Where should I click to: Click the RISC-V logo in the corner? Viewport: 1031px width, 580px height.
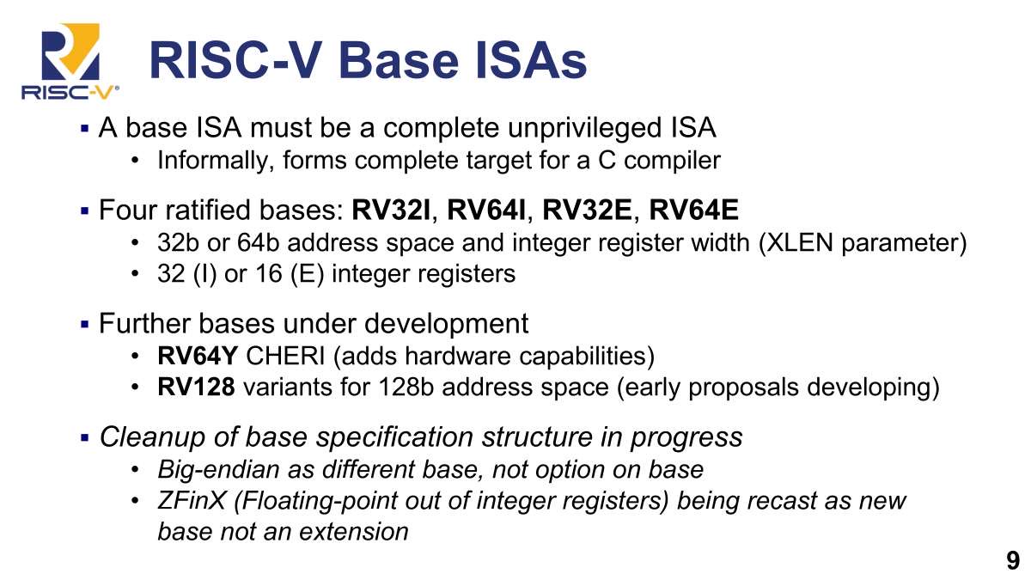pyautogui.click(x=70, y=61)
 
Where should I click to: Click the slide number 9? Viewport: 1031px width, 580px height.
pyautogui.click(x=1013, y=560)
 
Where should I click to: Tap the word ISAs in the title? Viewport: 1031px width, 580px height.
pyautogui.click(x=531, y=61)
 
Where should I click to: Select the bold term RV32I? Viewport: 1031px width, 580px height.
pyautogui.click(x=391, y=210)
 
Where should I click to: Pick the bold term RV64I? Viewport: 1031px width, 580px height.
pyautogui.click(x=486, y=210)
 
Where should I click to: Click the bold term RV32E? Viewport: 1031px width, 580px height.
pyautogui.click(x=588, y=210)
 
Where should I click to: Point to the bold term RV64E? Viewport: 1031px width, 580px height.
pyautogui.click(x=693, y=210)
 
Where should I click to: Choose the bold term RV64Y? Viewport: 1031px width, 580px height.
pyautogui.click(x=198, y=356)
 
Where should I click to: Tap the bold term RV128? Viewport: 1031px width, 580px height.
pyautogui.click(x=196, y=387)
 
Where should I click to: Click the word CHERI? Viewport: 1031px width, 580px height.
pyautogui.click(x=285, y=356)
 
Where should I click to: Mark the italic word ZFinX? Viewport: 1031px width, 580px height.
pyautogui.click(x=192, y=501)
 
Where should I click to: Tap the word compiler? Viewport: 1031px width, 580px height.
pyautogui.click(x=672, y=161)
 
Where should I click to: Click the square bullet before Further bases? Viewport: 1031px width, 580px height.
pyautogui.click(x=84, y=324)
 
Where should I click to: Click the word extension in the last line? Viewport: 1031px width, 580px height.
pyautogui.click(x=353, y=532)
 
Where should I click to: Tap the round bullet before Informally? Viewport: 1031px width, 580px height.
pyautogui.click(x=135, y=160)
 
